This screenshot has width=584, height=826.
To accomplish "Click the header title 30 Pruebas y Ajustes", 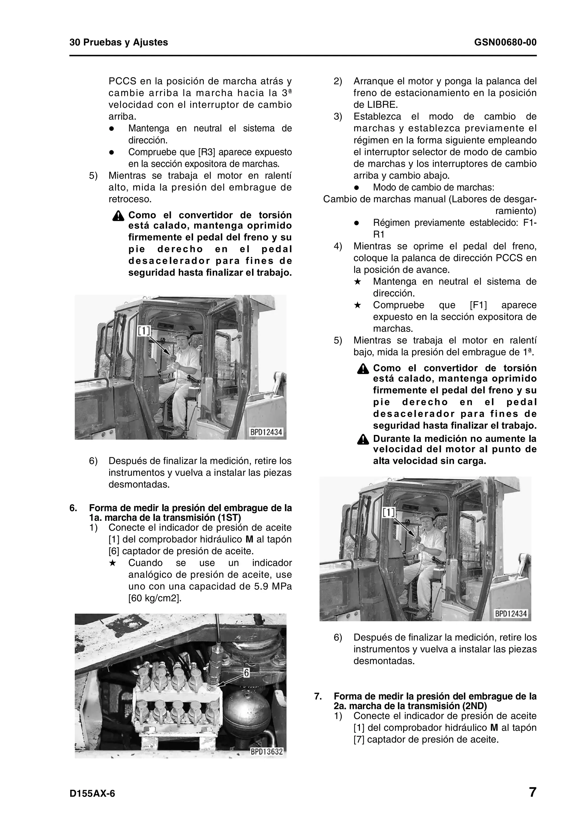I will pyautogui.click(x=118, y=42).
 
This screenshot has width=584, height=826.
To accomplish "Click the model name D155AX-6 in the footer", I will pyautogui.click(x=92, y=794).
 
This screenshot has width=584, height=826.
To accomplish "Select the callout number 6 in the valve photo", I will pyautogui.click(x=246, y=672).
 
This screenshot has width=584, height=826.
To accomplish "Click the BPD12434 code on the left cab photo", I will pyautogui.click(x=266, y=432).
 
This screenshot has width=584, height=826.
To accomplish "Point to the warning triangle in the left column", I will pyautogui.click(x=118, y=216).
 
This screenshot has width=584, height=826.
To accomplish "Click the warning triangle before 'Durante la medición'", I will pyautogui.click(x=363, y=440).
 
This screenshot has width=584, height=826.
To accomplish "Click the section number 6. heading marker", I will pyautogui.click(x=73, y=508).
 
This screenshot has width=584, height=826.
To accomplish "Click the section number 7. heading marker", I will pyautogui.click(x=318, y=696).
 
